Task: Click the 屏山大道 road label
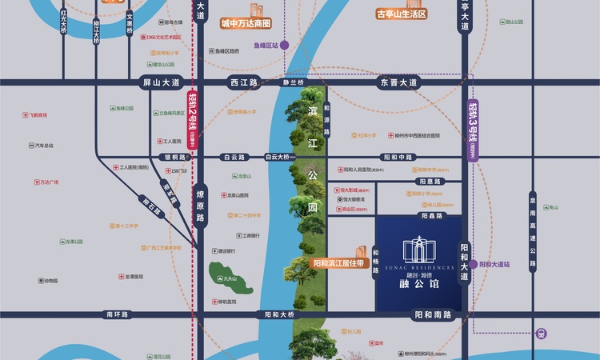click(162, 82)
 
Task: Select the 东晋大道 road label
click(398, 82)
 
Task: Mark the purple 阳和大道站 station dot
click(473, 264)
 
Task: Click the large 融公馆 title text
click(418, 282)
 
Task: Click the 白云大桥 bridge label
click(281, 158)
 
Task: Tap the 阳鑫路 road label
click(432, 215)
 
